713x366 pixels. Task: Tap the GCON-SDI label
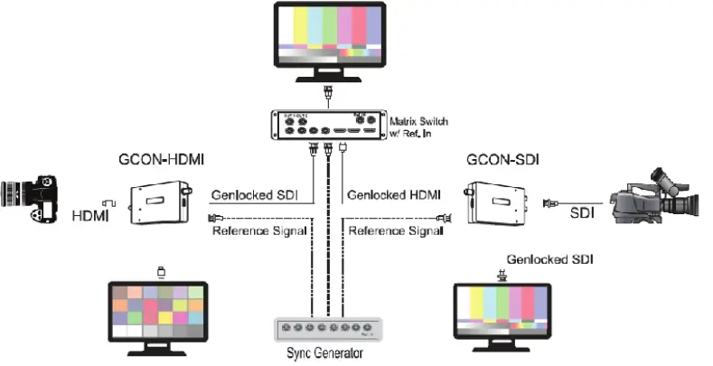502,160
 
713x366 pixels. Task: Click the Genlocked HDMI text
392,194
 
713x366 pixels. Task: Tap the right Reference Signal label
394,231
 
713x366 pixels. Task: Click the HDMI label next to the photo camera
89,216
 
